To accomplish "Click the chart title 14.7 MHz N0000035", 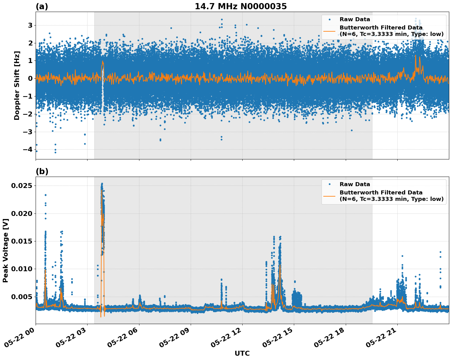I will [x=241, y=6].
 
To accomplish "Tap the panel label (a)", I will [x=42, y=6].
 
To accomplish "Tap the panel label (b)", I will [x=42, y=171].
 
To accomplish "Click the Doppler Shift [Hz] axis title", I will [x=17, y=85].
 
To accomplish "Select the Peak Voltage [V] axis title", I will [x=5, y=250].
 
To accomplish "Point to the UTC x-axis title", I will [x=242, y=353].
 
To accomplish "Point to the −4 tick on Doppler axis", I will [x=28, y=149].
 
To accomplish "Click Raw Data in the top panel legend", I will [x=355, y=19].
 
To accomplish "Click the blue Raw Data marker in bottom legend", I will [x=329, y=184].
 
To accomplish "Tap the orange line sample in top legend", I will [x=329, y=31].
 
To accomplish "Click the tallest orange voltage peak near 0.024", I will [x=102, y=190].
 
